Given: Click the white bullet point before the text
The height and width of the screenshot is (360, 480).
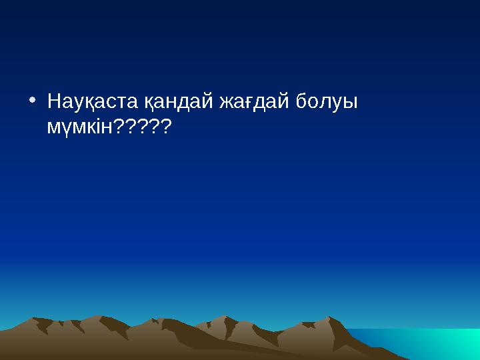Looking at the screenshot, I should coord(33,101).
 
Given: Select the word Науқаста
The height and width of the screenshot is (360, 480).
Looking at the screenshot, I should coord(92,103).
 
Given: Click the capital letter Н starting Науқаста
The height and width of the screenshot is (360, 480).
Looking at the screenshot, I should coord(54,102).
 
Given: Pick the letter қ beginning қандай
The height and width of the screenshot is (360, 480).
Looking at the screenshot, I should coord(149,104).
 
